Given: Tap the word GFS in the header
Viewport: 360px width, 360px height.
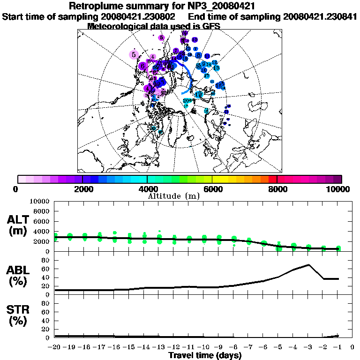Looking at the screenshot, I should pyautogui.click(x=212, y=26).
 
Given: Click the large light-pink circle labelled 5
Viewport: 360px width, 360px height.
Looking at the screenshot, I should pyautogui.click(x=134, y=54).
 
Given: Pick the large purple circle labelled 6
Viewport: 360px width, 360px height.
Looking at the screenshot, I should pyautogui.click(x=142, y=67).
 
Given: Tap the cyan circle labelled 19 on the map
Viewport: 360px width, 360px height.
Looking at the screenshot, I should pyautogui.click(x=198, y=94).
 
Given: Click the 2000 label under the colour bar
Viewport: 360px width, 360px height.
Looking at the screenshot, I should pyautogui.click(x=82, y=189).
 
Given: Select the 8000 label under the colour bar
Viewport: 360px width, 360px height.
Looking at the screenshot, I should pyautogui.click(x=277, y=189).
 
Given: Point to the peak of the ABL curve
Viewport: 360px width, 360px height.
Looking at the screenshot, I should pyautogui.click(x=308, y=265).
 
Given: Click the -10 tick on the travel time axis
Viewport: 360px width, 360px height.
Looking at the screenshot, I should pyautogui.click(x=204, y=347).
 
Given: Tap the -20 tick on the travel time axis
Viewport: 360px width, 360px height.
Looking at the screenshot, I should pyautogui.click(x=55, y=347).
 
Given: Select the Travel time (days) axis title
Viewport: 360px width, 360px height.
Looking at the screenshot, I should pyautogui.click(x=205, y=355).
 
